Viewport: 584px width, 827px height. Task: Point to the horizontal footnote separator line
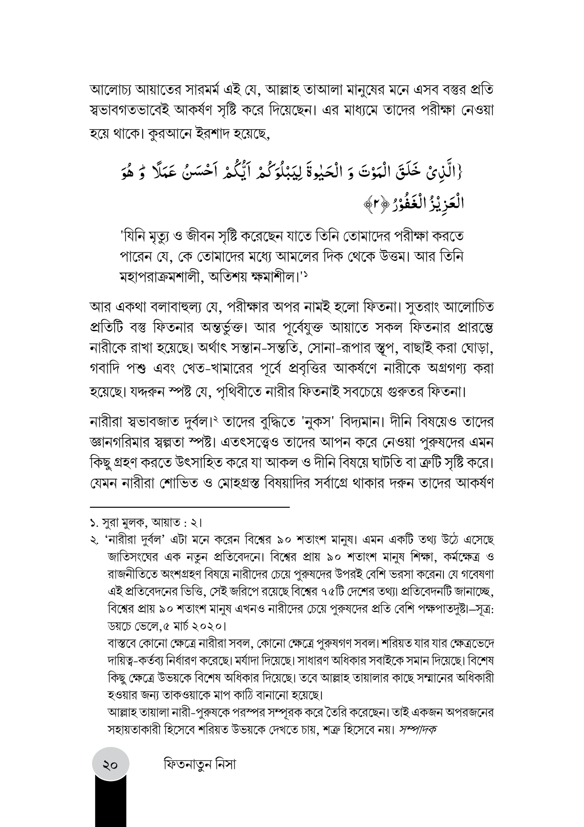[x=189, y=507]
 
